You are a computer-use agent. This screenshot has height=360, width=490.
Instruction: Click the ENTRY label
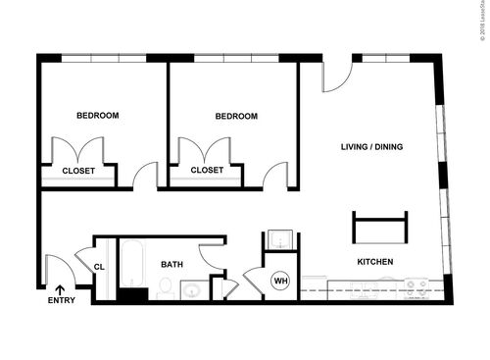coord(61,301)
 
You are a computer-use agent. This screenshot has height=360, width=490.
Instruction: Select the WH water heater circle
coord(280,282)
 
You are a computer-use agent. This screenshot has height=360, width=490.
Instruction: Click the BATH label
coord(172,264)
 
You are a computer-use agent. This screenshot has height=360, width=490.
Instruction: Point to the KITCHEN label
coord(374,262)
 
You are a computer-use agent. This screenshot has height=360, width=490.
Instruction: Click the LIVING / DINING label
coord(371,147)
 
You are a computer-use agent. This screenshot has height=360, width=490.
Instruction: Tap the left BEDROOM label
coord(98,116)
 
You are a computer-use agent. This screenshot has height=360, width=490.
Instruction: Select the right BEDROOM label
coord(236,116)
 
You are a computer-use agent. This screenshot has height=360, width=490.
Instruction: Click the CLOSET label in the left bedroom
coord(78,170)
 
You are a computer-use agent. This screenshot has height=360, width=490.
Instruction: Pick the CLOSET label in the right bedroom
coord(207,170)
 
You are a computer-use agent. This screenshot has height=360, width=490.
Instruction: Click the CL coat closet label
coord(100,266)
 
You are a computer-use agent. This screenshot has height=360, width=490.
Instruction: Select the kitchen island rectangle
coord(379,228)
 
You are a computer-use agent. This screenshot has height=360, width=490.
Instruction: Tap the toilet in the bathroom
coord(166,288)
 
